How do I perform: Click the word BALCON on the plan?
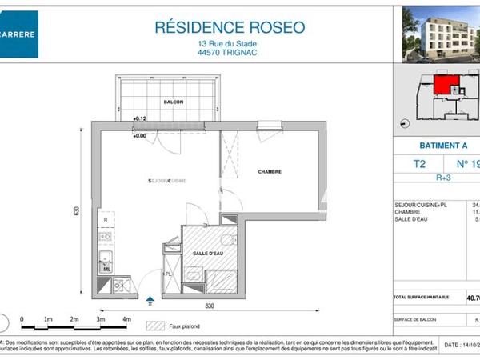(x=174, y=102)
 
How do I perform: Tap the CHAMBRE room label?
(x=270, y=172)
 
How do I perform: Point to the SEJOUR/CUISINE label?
(x=167, y=181)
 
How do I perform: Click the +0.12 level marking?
(x=141, y=119)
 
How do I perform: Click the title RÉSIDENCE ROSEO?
(x=230, y=27)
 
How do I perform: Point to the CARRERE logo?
(x=18, y=34)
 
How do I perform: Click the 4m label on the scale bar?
(x=126, y=319)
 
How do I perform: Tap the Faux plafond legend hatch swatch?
(x=154, y=326)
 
